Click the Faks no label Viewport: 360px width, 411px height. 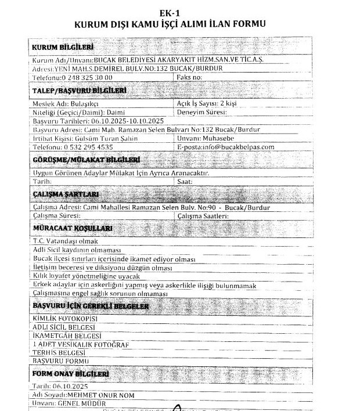pyautogui.click(x=190, y=77)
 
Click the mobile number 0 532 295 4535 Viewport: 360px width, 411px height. pyautogui.click(x=89, y=147)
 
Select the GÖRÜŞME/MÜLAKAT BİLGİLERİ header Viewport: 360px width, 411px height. pyautogui.click(x=87, y=160)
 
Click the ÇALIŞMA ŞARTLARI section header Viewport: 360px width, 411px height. pyautogui.click(x=65, y=194)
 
